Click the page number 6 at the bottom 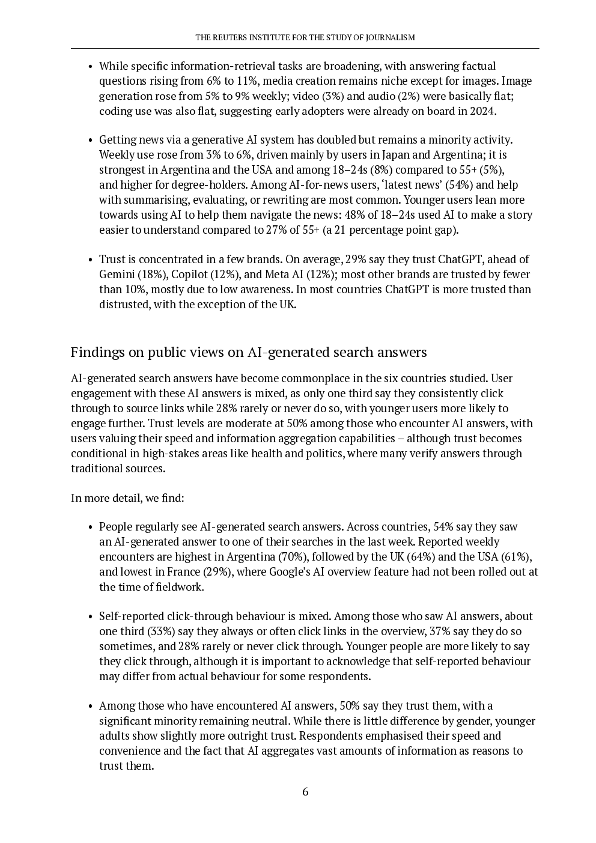(305, 792)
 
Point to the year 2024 (481, 111)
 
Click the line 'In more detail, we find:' (127, 498)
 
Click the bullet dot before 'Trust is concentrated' (90, 260)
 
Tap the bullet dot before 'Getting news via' (90, 141)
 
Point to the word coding (114, 111)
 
